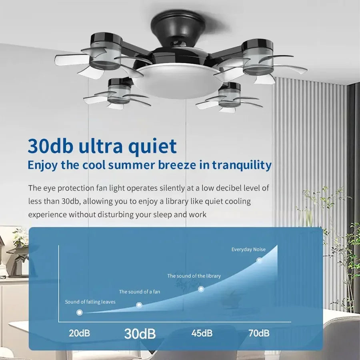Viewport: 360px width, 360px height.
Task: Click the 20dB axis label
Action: click(x=79, y=333)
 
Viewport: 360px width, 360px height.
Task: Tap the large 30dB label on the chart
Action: click(x=140, y=333)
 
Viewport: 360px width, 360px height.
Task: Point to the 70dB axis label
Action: click(x=258, y=333)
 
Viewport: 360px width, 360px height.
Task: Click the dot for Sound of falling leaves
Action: click(x=79, y=312)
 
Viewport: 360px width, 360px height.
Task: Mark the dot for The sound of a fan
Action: click(x=139, y=305)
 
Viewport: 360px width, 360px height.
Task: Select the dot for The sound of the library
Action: click(x=201, y=289)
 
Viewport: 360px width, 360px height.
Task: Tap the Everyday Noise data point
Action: click(x=259, y=260)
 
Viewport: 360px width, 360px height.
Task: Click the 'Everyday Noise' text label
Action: click(x=248, y=250)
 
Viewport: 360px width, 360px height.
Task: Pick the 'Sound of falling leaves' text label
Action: click(x=90, y=302)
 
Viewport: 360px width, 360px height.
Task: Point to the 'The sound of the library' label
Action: click(x=194, y=276)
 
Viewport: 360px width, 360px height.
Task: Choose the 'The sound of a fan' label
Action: click(x=139, y=292)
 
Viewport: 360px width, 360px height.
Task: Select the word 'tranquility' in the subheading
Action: click(x=242, y=165)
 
